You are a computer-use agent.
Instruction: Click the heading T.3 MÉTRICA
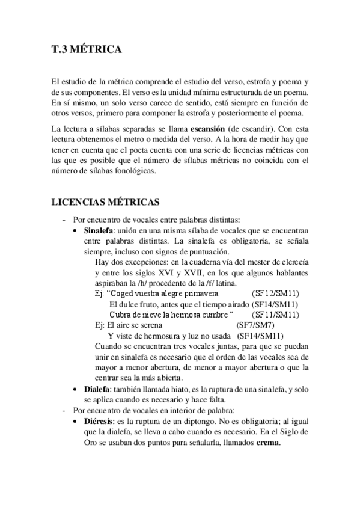tap(86, 51)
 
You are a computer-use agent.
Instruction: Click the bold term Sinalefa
tap(100, 230)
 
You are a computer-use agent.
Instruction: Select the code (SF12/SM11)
tap(276, 293)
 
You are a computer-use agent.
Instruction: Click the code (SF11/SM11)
tap(276, 314)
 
